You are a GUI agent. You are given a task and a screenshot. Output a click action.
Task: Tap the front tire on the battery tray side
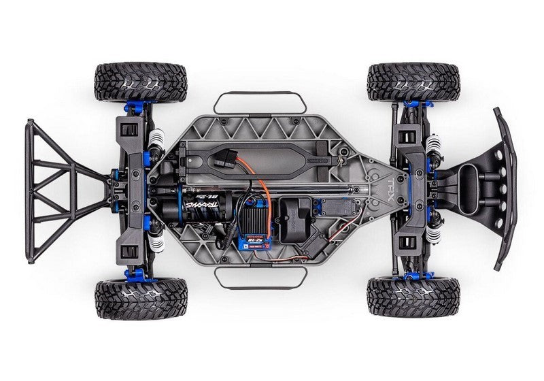(412, 82)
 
